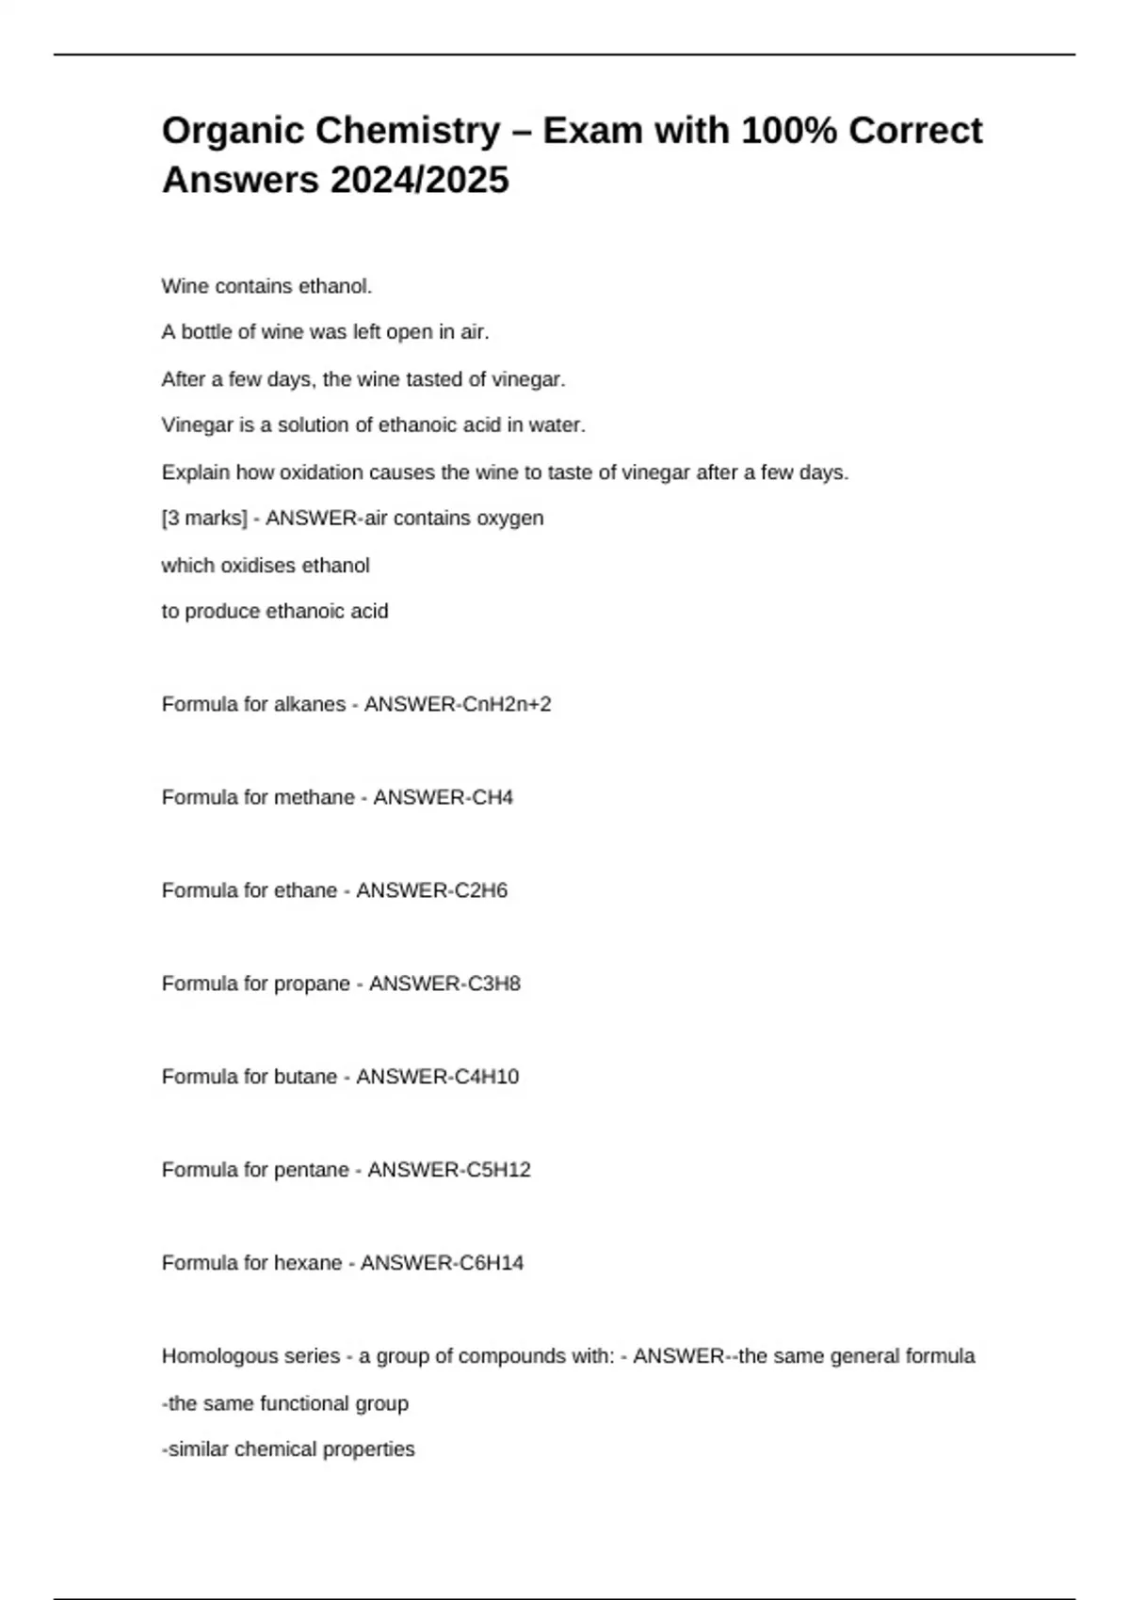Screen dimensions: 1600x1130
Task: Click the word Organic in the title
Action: (x=233, y=131)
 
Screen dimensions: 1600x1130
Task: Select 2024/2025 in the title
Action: (x=419, y=180)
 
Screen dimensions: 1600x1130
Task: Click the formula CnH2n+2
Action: (x=505, y=704)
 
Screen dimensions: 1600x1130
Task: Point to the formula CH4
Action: (x=492, y=797)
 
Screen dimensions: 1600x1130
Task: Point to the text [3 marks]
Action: (x=204, y=519)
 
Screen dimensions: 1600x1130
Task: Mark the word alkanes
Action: (x=309, y=704)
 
